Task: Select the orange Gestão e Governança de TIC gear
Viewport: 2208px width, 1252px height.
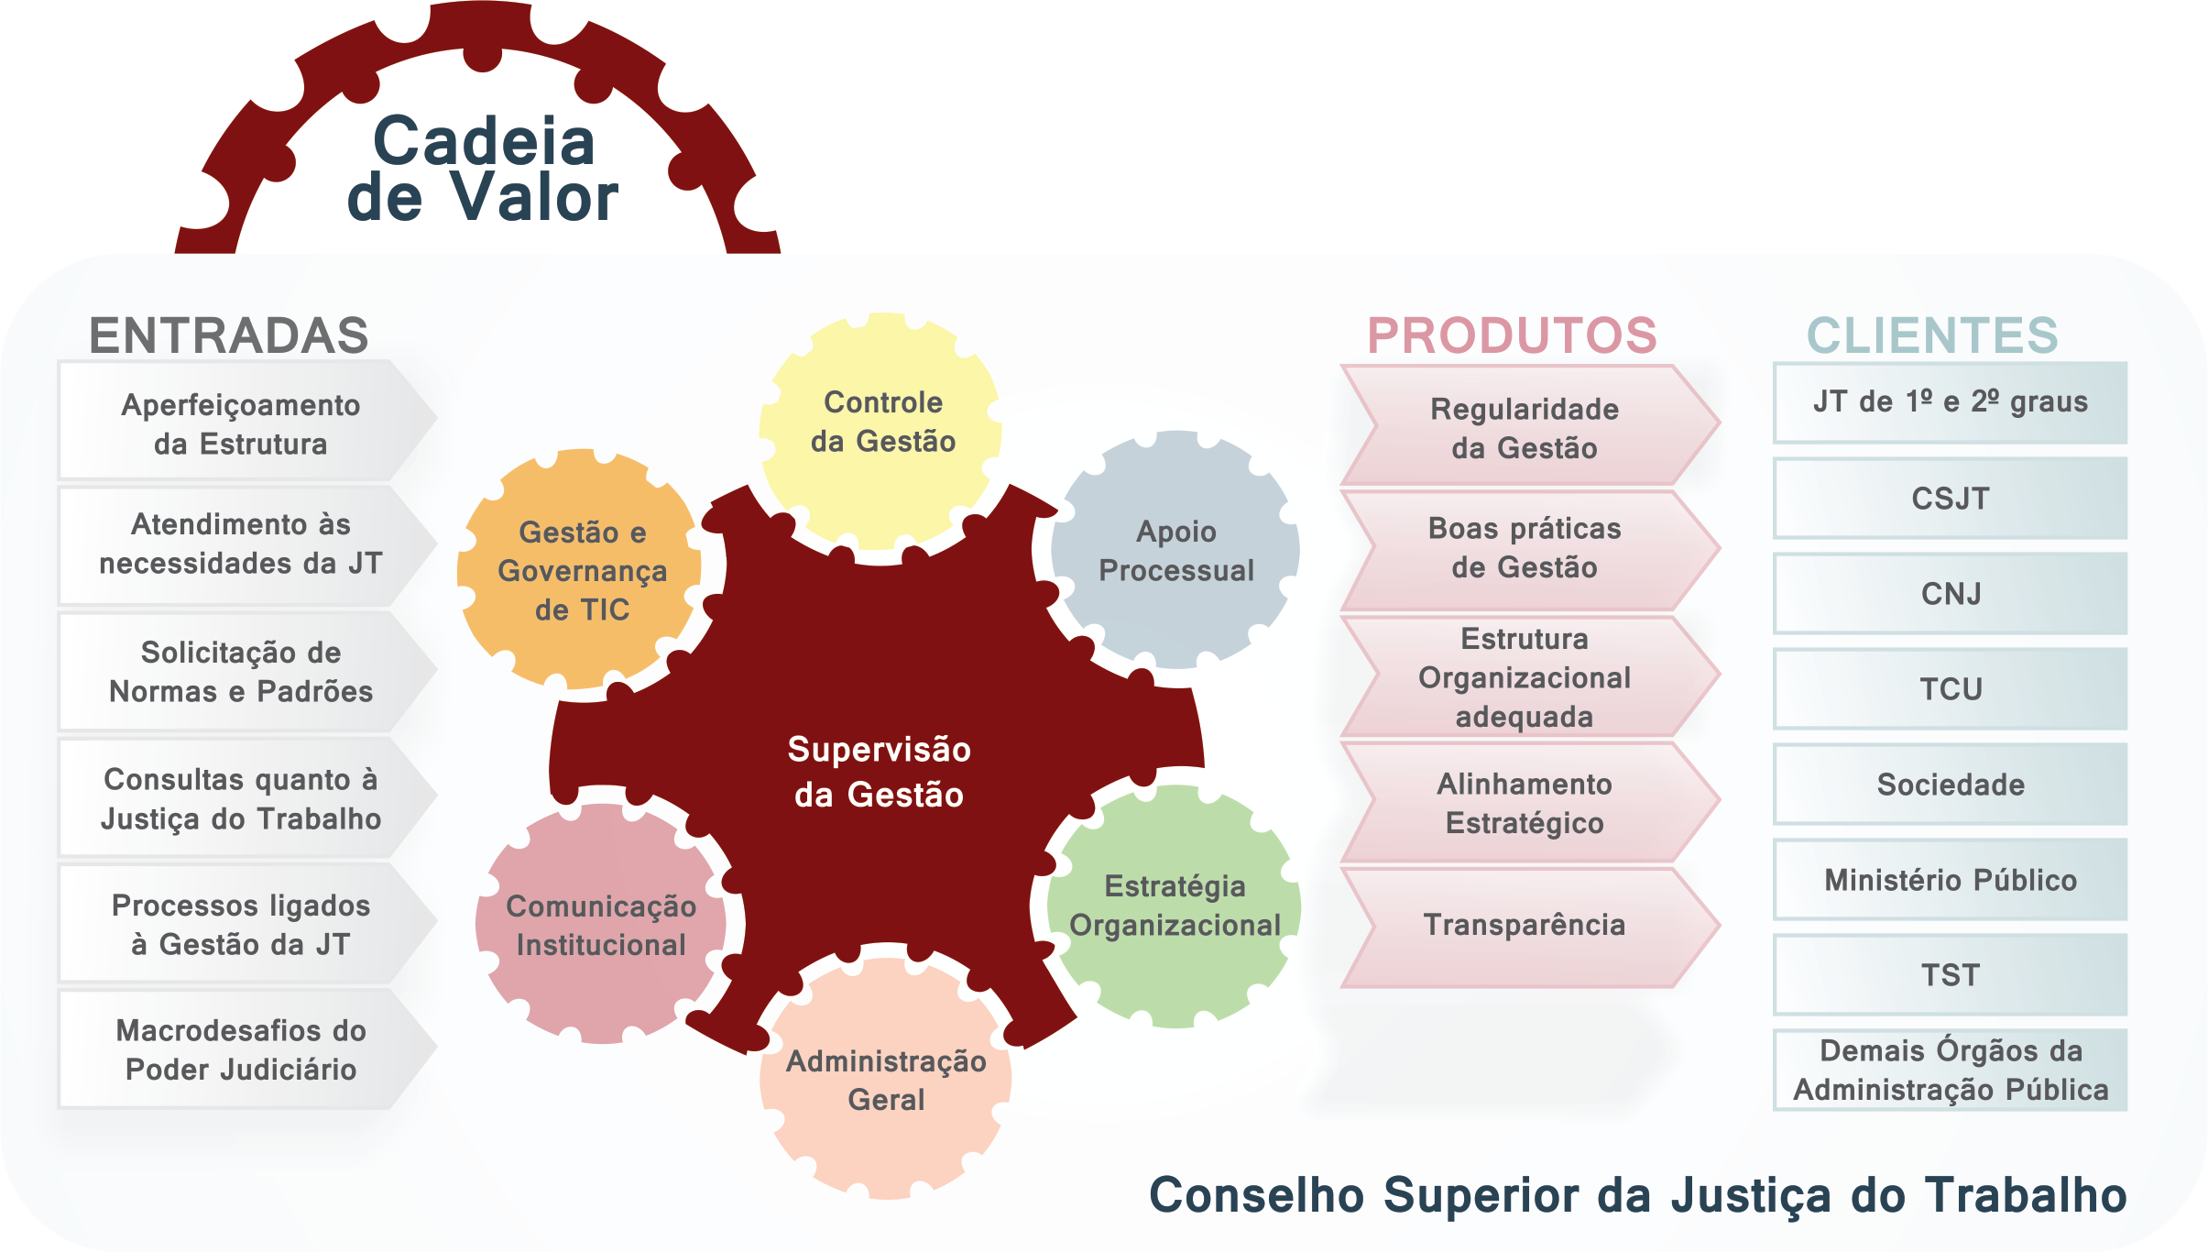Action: click(581, 570)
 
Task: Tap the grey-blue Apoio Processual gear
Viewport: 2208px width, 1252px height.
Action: click(1176, 551)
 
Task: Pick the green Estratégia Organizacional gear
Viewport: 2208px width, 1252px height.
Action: click(1175, 906)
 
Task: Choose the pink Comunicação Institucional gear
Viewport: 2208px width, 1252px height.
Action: click(601, 925)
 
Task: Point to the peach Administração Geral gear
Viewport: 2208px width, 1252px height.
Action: click(886, 1080)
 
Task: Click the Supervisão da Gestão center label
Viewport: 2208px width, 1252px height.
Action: click(879, 772)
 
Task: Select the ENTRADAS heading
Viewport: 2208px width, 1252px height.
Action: click(229, 335)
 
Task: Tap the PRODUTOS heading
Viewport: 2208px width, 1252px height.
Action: click(1512, 335)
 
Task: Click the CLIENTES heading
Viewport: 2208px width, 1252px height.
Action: click(1932, 335)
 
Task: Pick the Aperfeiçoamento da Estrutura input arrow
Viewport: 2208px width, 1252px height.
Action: click(242, 423)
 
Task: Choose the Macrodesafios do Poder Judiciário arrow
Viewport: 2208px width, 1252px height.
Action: click(242, 1050)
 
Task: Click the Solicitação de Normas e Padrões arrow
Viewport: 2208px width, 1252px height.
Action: click(242, 672)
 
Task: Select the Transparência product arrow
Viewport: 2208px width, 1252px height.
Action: click(1525, 926)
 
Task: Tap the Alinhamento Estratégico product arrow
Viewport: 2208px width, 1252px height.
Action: click(1525, 804)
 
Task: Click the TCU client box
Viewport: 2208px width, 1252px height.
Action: click(1951, 689)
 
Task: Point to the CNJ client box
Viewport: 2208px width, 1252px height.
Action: click(1951, 594)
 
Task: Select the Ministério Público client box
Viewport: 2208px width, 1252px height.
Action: click(1951, 880)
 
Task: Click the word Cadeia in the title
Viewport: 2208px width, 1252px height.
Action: click(484, 141)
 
